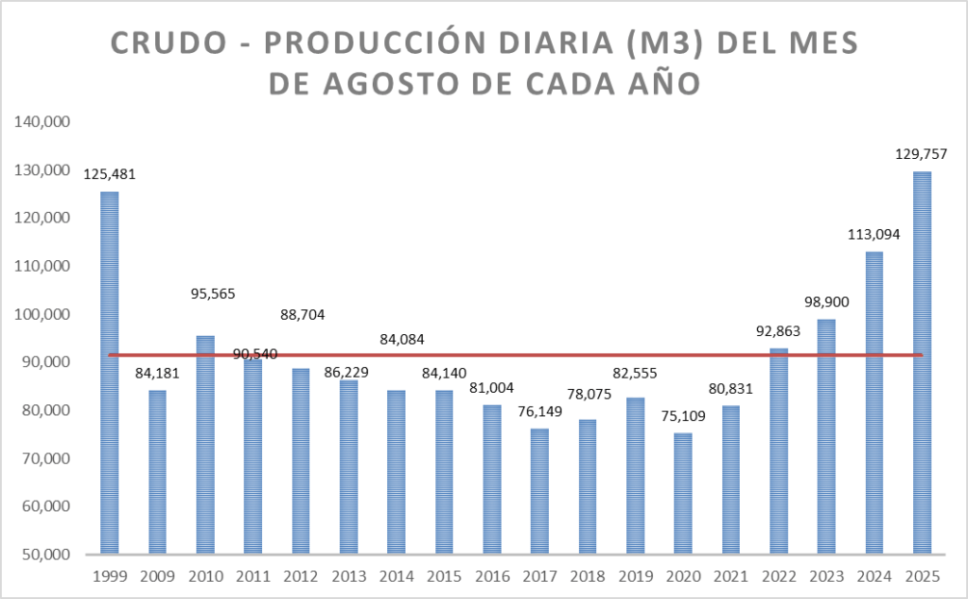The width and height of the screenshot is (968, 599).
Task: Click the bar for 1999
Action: pos(110,373)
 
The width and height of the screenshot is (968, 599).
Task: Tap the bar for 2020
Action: pos(682,493)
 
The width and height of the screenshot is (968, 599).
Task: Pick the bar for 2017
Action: pos(539,491)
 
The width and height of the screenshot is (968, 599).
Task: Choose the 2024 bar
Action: pos(873,402)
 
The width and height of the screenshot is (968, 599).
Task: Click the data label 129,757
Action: pos(922,153)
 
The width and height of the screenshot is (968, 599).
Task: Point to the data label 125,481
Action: pos(110,174)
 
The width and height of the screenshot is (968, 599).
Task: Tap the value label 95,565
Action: pos(205,293)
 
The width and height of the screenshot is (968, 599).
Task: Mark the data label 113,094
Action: pos(873,234)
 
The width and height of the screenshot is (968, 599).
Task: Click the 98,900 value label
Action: pos(826,301)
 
